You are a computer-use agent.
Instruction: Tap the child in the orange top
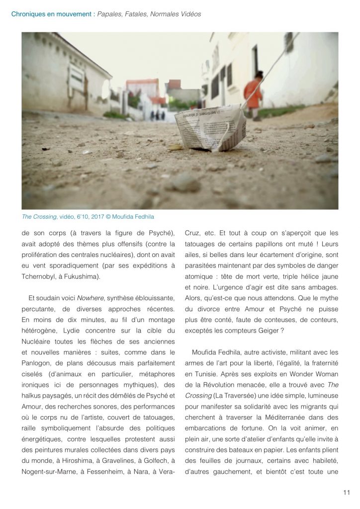(253, 94)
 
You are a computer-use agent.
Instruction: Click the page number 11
(347, 493)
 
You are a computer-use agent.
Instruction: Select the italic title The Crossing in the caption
(39, 217)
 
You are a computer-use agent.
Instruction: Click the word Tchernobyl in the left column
(39, 276)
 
